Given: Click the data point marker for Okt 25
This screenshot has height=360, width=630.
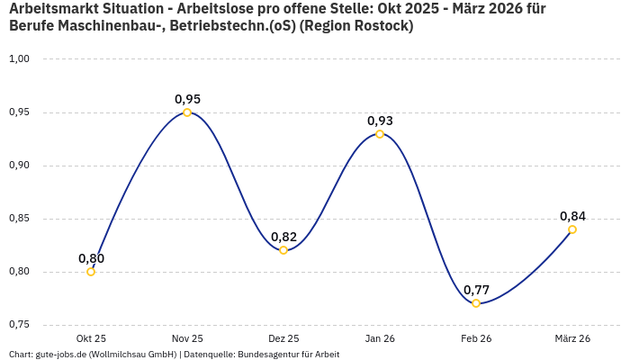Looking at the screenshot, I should pyautogui.click(x=91, y=272).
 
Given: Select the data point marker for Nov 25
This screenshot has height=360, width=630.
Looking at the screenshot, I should pyautogui.click(x=187, y=112).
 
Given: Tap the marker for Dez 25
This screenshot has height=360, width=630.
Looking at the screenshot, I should pyautogui.click(x=283, y=250).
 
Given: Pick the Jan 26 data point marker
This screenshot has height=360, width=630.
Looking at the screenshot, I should pyautogui.click(x=380, y=134).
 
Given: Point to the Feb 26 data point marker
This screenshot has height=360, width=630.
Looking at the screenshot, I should pyautogui.click(x=476, y=303).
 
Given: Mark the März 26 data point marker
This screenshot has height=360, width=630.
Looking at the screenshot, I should pyautogui.click(x=572, y=229).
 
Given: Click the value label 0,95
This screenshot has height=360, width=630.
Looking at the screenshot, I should pyautogui.click(x=187, y=99).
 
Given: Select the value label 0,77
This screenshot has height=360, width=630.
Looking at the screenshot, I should pyautogui.click(x=476, y=290).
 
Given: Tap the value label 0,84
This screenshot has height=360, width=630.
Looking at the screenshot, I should pyautogui.click(x=572, y=216).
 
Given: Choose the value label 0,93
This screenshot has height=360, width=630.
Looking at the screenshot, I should pyautogui.click(x=380, y=121).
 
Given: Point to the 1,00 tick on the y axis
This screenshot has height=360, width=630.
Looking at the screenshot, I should pyautogui.click(x=19, y=59).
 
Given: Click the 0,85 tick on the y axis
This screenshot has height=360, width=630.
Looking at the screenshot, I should pyautogui.click(x=19, y=219).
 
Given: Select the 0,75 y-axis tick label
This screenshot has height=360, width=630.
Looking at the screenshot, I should pyautogui.click(x=19, y=325).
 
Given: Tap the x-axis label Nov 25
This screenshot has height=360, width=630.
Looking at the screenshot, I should pyautogui.click(x=187, y=338).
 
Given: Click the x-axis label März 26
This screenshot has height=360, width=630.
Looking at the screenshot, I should pyautogui.click(x=572, y=338).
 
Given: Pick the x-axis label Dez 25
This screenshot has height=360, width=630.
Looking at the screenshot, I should pyautogui.click(x=283, y=338).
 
